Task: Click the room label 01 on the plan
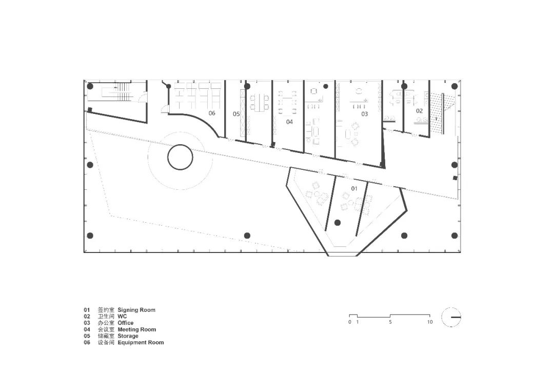[354, 188]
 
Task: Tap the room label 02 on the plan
[419, 111]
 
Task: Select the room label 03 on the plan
[364, 114]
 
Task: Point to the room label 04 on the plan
[289, 122]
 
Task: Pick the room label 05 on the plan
[236, 114]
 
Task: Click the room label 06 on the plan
[212, 113]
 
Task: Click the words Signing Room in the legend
[136, 310]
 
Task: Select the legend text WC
[122, 317]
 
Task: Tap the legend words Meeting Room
[137, 329]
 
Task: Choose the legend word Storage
[128, 336]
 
